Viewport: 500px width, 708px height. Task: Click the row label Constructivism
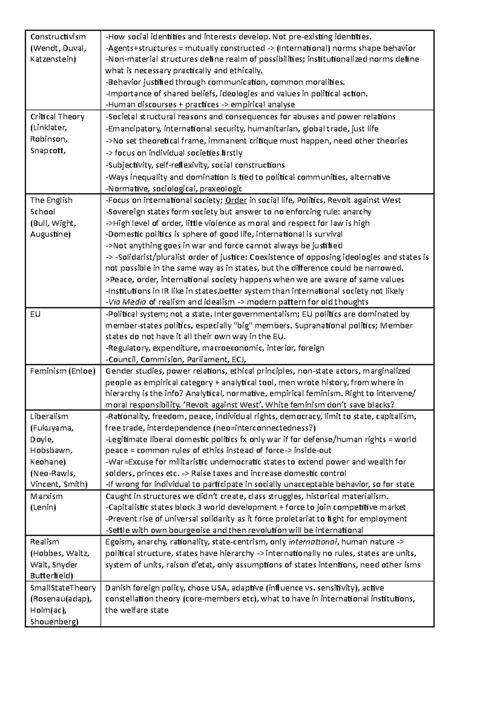pyautogui.click(x=57, y=37)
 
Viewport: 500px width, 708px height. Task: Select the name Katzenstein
pyautogui.click(x=53, y=59)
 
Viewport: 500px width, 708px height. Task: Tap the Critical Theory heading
pyautogui.click(x=57, y=117)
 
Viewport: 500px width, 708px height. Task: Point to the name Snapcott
pyautogui.click(x=47, y=151)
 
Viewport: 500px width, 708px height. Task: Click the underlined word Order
pyautogui.click(x=236, y=200)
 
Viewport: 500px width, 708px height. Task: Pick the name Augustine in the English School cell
pyautogui.click(x=50, y=234)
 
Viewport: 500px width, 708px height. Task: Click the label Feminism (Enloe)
pyautogui.click(x=62, y=371)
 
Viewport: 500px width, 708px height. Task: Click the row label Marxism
pyautogui.click(x=46, y=496)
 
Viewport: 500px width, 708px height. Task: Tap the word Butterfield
pyautogui.click(x=51, y=576)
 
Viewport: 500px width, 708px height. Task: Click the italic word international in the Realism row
pyautogui.click(x=312, y=542)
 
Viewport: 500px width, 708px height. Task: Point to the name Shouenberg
pyautogui.click(x=54, y=622)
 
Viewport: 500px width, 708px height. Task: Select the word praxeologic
pyautogui.click(x=218, y=188)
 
